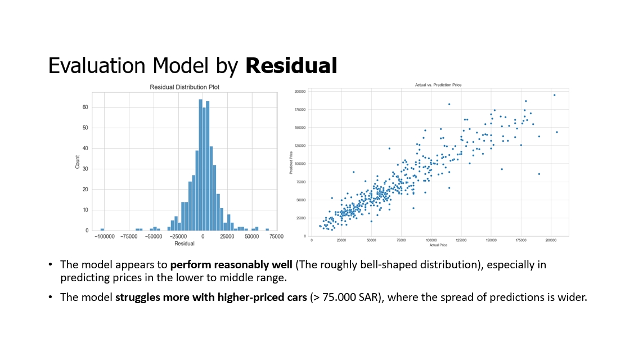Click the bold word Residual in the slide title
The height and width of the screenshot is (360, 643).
pyautogui.click(x=291, y=66)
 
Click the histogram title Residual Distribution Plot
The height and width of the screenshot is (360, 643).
pyautogui.click(x=185, y=87)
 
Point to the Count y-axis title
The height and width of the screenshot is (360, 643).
pyautogui.click(x=78, y=161)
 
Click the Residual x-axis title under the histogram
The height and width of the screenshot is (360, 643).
pyautogui.click(x=185, y=244)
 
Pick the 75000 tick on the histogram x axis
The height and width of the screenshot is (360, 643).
pyautogui.click(x=276, y=237)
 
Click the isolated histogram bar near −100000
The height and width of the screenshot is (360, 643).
pyautogui.click(x=102, y=229)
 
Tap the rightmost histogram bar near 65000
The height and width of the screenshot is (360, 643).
pyautogui.click(x=267, y=229)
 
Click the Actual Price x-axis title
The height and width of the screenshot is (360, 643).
pyautogui.click(x=438, y=245)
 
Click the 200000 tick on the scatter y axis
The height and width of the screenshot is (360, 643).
pyautogui.click(x=300, y=91)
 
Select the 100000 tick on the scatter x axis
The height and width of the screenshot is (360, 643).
pyautogui.click(x=431, y=240)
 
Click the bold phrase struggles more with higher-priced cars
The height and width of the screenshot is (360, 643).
pyautogui.click(x=211, y=297)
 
